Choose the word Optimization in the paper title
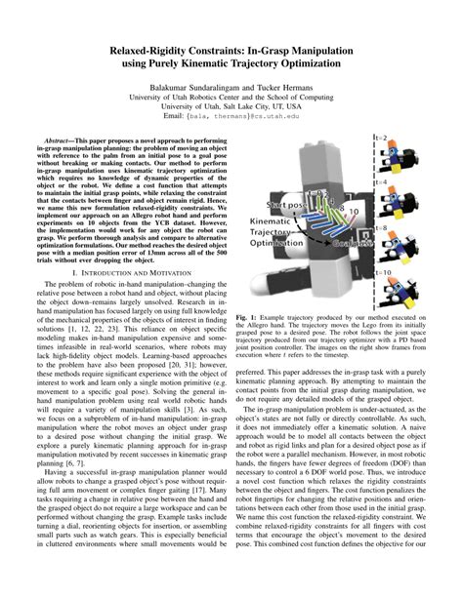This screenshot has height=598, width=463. tap(293, 64)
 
